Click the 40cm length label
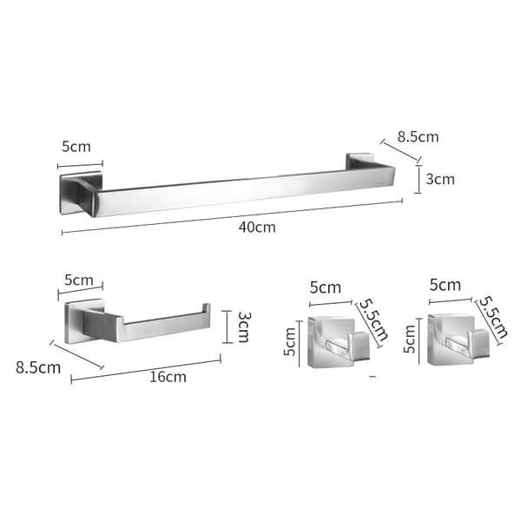click(x=257, y=228)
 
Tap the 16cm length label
click(x=168, y=377)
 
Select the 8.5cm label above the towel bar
click(x=418, y=137)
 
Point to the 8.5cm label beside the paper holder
click(x=38, y=368)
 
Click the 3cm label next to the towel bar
click(x=440, y=179)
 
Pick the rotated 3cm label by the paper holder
click(x=244, y=327)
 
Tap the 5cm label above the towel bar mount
click(x=76, y=147)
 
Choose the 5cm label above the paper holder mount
click(x=79, y=280)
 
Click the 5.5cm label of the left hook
click(x=373, y=320)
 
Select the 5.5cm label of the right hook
click(x=493, y=317)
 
